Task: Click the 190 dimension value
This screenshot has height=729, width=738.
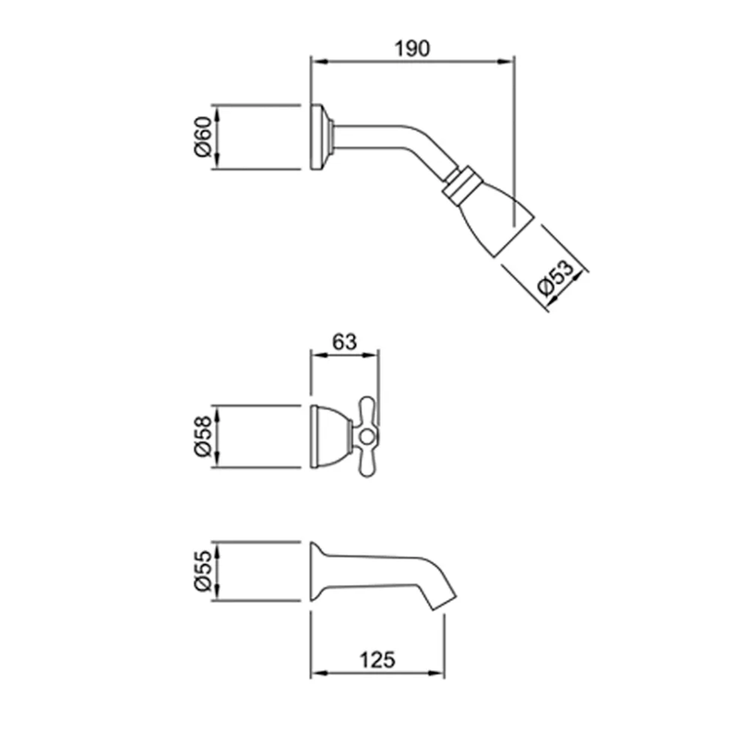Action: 411,49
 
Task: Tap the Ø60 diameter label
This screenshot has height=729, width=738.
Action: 203,137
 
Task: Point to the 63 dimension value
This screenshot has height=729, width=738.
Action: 344,342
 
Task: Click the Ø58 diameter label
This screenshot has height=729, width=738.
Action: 203,436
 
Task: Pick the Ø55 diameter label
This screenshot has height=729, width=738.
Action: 203,571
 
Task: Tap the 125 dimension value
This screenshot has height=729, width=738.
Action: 377,660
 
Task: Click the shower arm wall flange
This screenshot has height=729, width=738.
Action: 318,137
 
